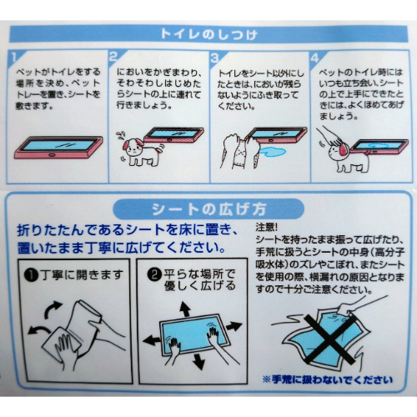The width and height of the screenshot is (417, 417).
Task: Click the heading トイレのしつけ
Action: [208, 34]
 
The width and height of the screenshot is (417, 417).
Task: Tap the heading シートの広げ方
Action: [209, 209]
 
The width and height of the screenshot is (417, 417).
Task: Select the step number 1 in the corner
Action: [14, 58]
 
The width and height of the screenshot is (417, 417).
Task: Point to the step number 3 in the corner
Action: [215, 58]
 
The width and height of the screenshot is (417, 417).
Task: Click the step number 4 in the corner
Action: [314, 58]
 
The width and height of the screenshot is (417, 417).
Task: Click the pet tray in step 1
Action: [58, 147]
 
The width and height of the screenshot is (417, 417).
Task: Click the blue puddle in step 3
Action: [273, 152]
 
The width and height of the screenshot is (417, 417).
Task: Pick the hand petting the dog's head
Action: [331, 136]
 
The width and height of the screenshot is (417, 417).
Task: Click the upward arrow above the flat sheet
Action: [185, 309]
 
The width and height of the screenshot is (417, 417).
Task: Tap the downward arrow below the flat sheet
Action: [198, 361]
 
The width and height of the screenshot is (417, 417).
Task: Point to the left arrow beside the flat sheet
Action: [152, 340]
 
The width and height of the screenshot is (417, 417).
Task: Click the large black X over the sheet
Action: [329, 339]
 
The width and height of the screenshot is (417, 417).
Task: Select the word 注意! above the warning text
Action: [266, 227]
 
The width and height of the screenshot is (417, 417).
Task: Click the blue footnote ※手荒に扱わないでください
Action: [328, 379]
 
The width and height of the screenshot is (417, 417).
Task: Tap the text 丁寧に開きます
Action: [81, 275]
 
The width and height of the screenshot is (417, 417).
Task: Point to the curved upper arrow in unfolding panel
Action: [52, 309]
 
